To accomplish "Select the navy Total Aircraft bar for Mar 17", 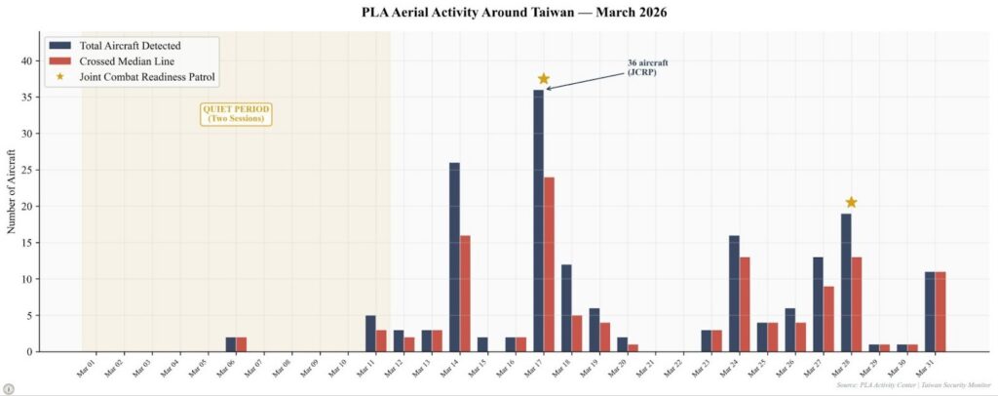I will (x=538, y=220).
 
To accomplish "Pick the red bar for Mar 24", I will (x=745, y=303).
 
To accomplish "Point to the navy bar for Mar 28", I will (x=846, y=282).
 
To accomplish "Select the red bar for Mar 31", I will (x=940, y=311).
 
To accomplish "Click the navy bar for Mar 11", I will (x=370, y=333).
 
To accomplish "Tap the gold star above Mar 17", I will (x=543, y=79).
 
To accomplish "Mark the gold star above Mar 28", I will (x=851, y=202).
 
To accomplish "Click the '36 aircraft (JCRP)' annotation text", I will (x=647, y=67).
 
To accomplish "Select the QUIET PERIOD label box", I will (x=236, y=113).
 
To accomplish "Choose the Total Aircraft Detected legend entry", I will (x=130, y=45).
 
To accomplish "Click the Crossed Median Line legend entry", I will (x=127, y=60).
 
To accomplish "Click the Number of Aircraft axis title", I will (x=12, y=192).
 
